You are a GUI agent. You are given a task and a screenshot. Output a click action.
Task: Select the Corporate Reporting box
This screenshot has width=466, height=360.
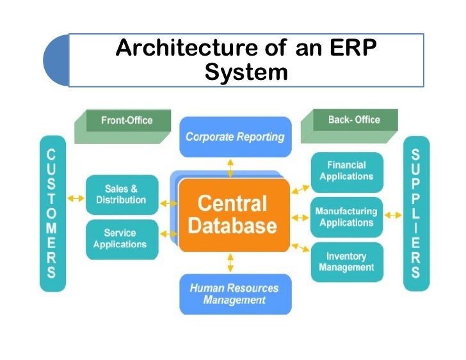click(x=235, y=137)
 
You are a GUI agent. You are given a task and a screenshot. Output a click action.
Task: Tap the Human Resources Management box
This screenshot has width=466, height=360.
click(x=235, y=293)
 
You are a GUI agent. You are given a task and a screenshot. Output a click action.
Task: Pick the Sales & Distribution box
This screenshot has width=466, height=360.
click(x=122, y=195)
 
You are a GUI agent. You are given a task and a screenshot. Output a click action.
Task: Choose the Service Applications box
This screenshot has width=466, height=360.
click(x=122, y=239)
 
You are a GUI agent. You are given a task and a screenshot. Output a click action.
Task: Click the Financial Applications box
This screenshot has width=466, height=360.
click(x=346, y=171)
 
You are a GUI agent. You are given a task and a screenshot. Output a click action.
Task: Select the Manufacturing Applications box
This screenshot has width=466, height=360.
click(x=346, y=217)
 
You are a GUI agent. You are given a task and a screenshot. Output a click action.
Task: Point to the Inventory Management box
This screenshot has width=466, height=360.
click(x=346, y=262)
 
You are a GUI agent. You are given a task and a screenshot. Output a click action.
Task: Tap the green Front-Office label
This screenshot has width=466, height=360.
click(x=125, y=121)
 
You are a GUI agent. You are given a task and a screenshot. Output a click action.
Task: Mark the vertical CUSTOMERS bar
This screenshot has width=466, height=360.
click(x=51, y=214)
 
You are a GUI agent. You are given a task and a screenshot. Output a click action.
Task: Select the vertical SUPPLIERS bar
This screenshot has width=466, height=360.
click(x=415, y=214)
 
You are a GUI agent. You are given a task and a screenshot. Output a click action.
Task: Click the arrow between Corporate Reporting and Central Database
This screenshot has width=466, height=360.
click(x=230, y=168)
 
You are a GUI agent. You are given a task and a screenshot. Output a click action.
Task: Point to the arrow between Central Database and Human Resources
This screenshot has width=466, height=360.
click(x=230, y=263)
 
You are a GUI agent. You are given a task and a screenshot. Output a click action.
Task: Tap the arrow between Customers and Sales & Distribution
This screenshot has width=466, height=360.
click(x=76, y=198)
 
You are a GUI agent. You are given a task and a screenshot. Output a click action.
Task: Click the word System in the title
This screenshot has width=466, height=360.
click(x=246, y=72)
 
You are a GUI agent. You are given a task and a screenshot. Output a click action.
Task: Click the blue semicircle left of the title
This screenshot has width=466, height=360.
click(x=56, y=61)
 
